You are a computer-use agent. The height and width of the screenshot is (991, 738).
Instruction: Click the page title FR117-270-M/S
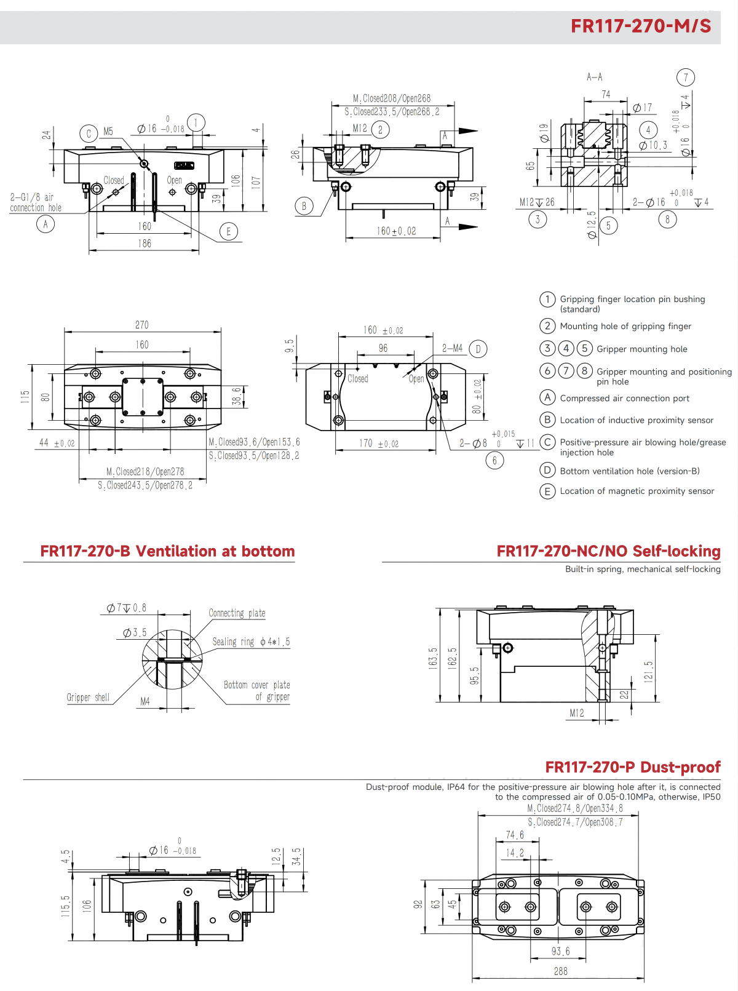point(640,26)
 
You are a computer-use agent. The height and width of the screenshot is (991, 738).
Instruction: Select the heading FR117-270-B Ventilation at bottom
point(167,551)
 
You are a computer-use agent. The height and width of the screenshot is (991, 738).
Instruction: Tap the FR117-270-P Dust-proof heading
point(632,767)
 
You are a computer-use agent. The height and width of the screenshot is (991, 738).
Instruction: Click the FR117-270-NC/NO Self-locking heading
point(608,551)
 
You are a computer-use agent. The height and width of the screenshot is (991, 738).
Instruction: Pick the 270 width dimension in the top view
point(142,325)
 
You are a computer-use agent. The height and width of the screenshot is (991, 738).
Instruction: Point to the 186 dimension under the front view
point(145,244)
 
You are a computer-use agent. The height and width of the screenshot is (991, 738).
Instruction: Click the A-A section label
point(594,77)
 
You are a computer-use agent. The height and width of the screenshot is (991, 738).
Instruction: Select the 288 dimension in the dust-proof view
point(560,971)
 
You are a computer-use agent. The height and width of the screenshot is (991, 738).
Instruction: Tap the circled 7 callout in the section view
point(686,78)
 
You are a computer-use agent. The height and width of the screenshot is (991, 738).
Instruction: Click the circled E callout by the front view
point(229,232)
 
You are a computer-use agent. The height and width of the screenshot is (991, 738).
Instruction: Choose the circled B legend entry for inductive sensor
point(547,420)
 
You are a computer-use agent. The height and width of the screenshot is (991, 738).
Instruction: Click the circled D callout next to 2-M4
point(478,349)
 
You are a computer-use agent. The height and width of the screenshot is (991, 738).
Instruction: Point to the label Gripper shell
point(88,698)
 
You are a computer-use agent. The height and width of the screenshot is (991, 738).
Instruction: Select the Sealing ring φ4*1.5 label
point(251,642)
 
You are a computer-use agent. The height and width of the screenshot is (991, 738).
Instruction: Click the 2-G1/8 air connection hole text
point(35,202)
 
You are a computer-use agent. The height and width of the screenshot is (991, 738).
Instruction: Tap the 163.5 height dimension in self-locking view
point(433,658)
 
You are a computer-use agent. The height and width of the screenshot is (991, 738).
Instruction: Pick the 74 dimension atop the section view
point(606,94)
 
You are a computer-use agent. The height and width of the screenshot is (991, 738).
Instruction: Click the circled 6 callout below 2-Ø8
point(494,460)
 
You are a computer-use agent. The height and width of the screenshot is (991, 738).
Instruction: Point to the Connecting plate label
point(237,613)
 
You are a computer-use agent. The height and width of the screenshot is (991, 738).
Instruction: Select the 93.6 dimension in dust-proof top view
point(560,952)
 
